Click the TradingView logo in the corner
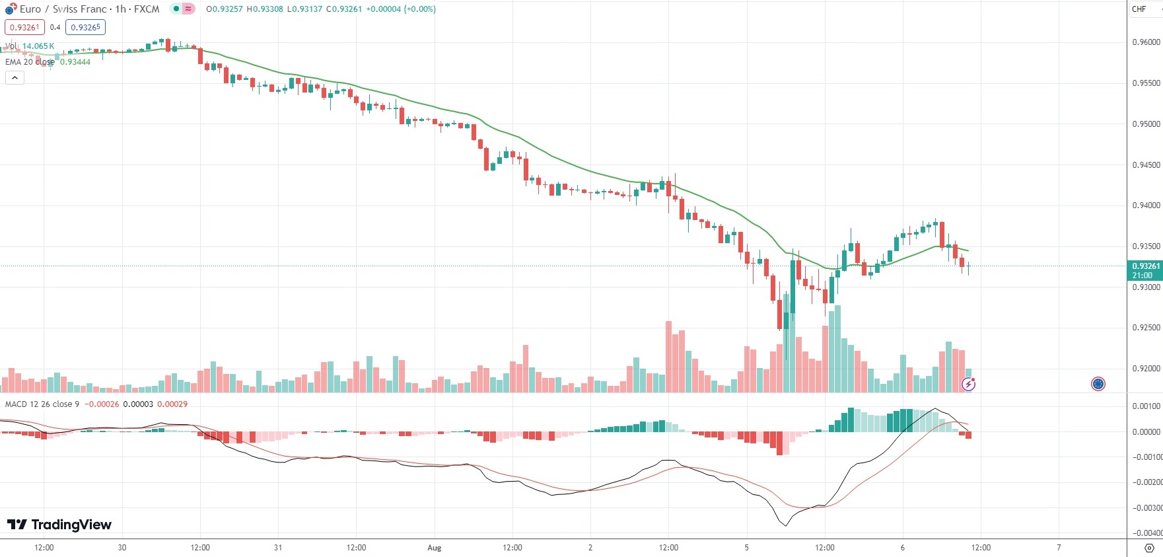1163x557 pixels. pyautogui.click(x=59, y=525)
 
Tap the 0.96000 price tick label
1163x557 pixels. pyautogui.click(x=1146, y=42)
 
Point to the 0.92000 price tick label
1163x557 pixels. pyautogui.click(x=1146, y=369)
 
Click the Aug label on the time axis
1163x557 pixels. pyautogui.click(x=434, y=548)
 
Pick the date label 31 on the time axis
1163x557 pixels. pyautogui.click(x=278, y=548)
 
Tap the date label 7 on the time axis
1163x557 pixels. pyautogui.click(x=1059, y=548)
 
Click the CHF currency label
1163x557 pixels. pyautogui.click(x=1139, y=9)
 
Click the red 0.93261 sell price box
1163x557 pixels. pyautogui.click(x=24, y=27)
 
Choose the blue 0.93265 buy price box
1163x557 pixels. pyautogui.click(x=85, y=27)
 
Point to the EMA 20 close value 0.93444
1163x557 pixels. pyautogui.click(x=75, y=62)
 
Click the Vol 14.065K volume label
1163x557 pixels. pyautogui.click(x=30, y=46)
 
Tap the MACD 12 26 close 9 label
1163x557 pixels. pyautogui.click(x=42, y=404)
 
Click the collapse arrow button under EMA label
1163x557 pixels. pyautogui.click(x=15, y=77)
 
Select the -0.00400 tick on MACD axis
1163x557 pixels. pyautogui.click(x=1147, y=533)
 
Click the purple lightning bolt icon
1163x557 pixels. pyautogui.click(x=968, y=384)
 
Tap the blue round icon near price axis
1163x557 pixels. pyautogui.click(x=1098, y=384)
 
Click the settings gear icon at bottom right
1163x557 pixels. pyautogui.click(x=1149, y=548)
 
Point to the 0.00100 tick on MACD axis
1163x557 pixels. pyautogui.click(x=1147, y=406)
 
